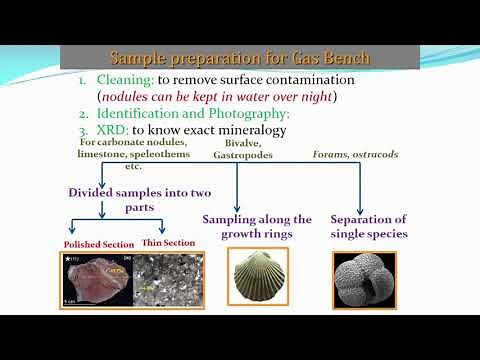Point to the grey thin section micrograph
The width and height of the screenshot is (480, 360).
click(x=165, y=279)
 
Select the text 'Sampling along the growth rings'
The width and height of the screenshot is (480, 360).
click(x=257, y=226)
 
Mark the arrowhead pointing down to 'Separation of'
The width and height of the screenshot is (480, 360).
click(x=360, y=207)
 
